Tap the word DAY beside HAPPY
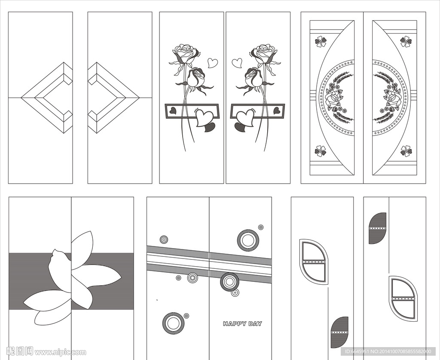point(256,324)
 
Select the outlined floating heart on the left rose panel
point(212,63)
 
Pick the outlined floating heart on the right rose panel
point(237,63)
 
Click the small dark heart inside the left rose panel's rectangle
point(173,111)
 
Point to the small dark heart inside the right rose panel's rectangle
point(277,111)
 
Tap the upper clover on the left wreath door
point(321,41)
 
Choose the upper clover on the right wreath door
point(406,41)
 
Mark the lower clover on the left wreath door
point(320,151)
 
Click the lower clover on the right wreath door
point(406,151)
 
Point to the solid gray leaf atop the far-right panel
point(378,228)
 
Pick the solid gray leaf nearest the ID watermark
point(340,332)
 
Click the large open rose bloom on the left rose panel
point(186,53)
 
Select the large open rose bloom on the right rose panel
point(264,53)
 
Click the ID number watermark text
point(388,351)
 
